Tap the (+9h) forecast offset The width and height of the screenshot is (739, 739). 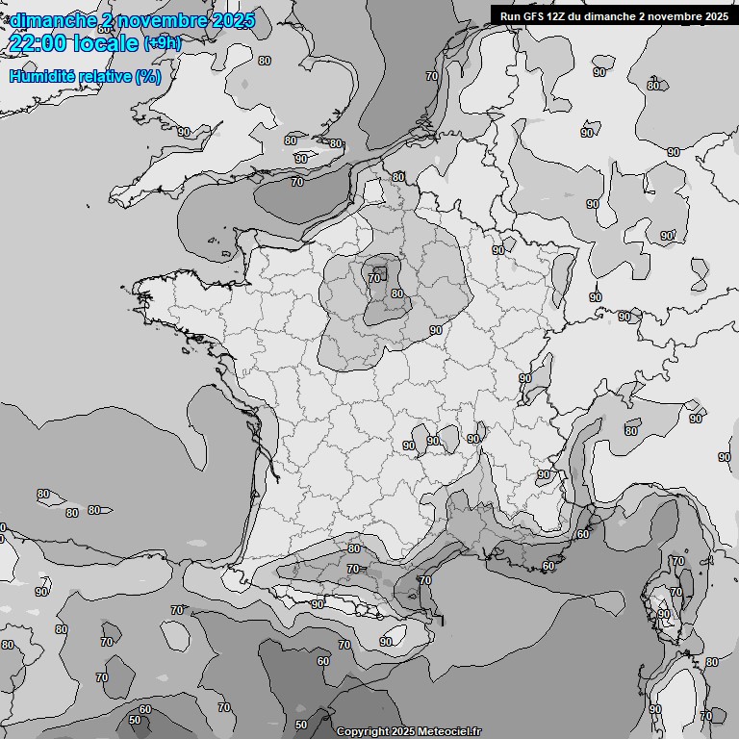tap(162, 43)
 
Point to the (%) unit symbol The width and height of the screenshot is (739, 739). tap(147, 76)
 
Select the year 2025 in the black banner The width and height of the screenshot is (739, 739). tap(712, 16)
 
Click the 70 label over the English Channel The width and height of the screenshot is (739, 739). tap(297, 181)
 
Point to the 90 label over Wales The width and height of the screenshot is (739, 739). tap(183, 132)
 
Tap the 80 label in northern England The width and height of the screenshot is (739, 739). tap(265, 61)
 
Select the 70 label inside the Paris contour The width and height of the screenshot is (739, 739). tap(374, 278)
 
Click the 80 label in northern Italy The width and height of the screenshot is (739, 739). tap(631, 430)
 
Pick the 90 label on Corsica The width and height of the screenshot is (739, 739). tap(663, 614)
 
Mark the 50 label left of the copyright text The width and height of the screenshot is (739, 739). tap(301, 725)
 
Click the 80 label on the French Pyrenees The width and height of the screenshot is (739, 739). tap(354, 548)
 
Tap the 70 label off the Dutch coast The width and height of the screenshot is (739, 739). tap(432, 76)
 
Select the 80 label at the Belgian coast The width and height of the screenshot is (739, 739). tap(398, 177)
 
